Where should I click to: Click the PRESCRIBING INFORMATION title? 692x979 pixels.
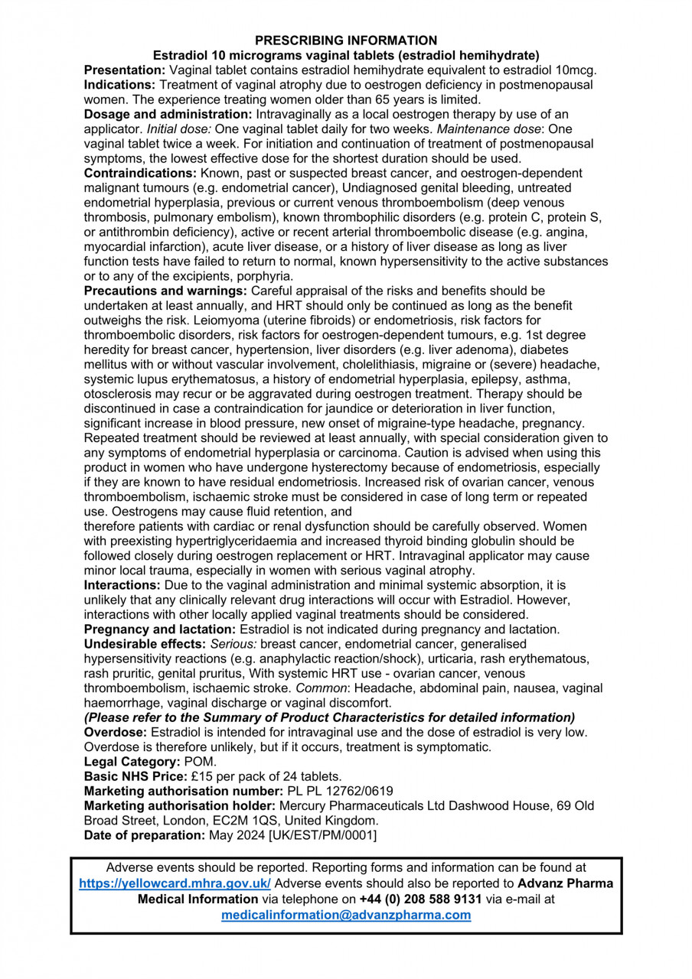346,41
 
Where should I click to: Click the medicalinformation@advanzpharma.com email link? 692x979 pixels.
346,914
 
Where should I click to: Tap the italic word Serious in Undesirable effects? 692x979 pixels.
233,644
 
